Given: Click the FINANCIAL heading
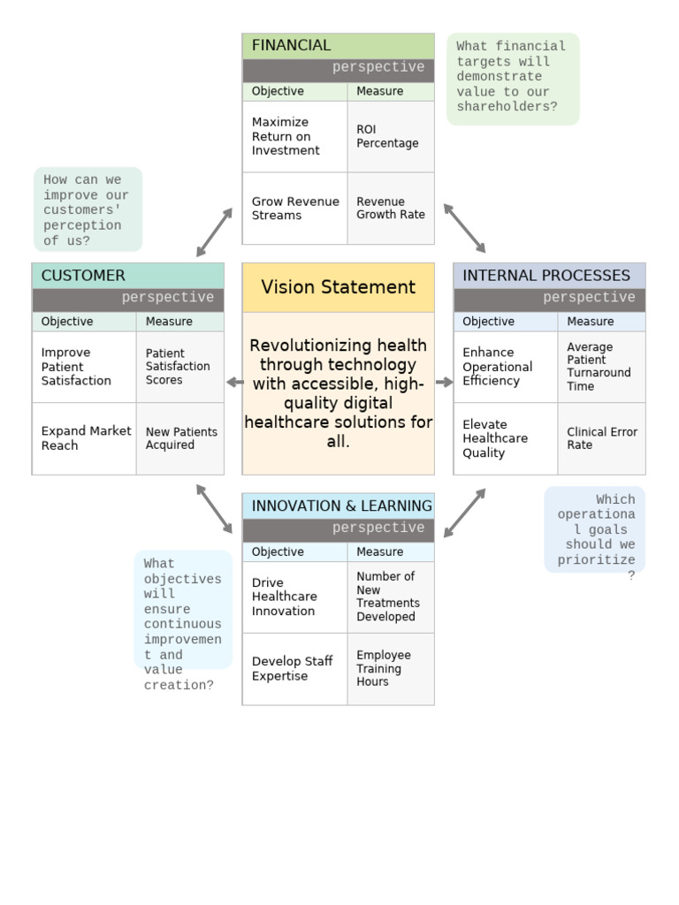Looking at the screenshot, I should coord(292,46).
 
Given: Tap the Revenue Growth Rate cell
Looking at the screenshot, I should coord(390,208).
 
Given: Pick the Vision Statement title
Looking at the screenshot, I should coord(338,287).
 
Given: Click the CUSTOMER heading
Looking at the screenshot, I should coord(84,276).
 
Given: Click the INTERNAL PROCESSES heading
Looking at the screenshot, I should coord(546,276).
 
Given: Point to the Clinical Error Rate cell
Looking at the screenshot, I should coord(601,438).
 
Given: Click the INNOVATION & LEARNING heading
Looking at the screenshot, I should coord(341,506).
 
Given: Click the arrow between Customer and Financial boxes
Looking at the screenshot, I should coord(214,232).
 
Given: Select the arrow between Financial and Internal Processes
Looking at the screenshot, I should coord(464,228).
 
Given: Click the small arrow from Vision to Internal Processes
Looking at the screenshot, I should coord(444,383).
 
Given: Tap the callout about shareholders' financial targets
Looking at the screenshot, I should coord(512,78).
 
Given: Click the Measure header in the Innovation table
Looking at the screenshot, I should coord(379,552).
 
